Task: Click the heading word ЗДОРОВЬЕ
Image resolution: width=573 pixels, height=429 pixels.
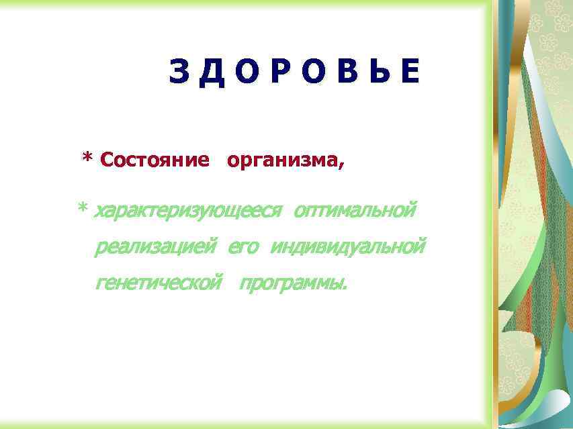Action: (294, 72)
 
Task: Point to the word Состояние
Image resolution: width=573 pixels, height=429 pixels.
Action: (154, 160)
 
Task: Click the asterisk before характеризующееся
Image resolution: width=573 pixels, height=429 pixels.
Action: (83, 210)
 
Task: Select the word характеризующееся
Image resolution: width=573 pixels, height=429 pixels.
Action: (187, 211)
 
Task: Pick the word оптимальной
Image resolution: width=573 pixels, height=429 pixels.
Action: (355, 210)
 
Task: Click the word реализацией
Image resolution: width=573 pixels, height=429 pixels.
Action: (156, 248)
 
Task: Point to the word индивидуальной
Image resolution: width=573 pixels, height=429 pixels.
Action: (348, 247)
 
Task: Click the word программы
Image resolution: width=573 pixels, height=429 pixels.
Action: (291, 284)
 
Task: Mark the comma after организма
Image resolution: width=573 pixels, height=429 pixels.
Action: (342, 165)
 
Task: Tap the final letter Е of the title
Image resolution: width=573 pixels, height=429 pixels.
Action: (409, 72)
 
